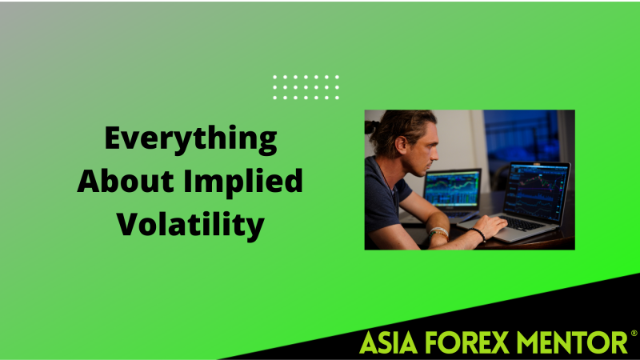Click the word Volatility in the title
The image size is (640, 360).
click(190, 225)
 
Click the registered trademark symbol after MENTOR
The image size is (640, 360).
click(634, 333)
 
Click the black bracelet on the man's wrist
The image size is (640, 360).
click(478, 235)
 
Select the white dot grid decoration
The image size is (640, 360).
click(306, 87)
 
